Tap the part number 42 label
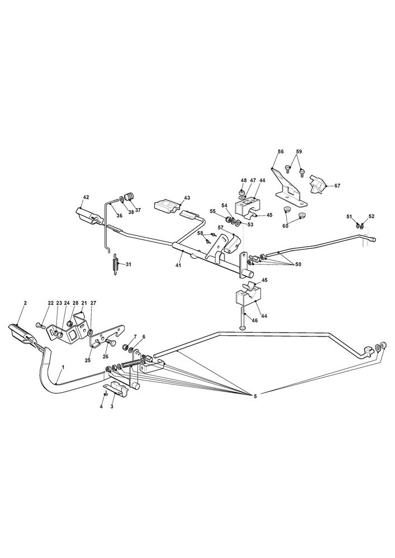(86, 198)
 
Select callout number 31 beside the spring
(128, 264)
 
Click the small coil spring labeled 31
(116, 263)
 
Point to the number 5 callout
(255, 396)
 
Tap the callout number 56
(280, 152)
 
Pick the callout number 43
(187, 198)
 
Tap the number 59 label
(299, 152)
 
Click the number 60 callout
(285, 226)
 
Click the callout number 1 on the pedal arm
(63, 368)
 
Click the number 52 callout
(372, 217)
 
